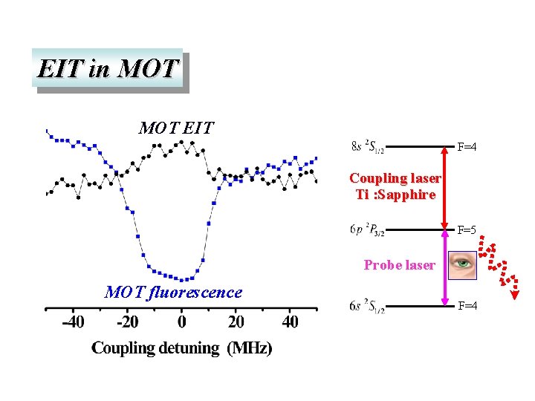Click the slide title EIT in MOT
[108, 68]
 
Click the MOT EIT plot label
[176, 128]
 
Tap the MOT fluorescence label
[173, 293]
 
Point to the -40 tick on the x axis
[73, 322]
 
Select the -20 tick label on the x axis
[127, 322]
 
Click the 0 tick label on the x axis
[182, 322]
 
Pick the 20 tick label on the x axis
[236, 322]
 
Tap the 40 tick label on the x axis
[291, 322]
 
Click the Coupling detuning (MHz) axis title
[181, 348]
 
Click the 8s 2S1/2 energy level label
[366, 147]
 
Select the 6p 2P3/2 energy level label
[366, 228]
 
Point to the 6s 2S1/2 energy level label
[366, 306]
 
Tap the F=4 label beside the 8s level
[467, 147]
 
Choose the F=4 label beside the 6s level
[467, 306]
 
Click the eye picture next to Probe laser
[463, 263]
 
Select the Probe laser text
[399, 264]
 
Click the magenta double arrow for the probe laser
[445, 267]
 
